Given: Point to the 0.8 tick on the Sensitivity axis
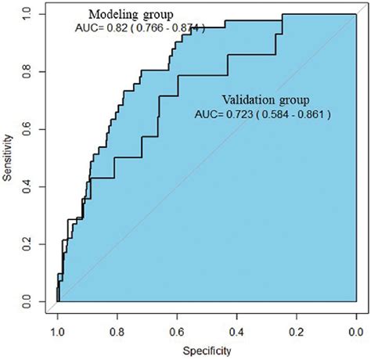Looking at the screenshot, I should (x=28, y=72).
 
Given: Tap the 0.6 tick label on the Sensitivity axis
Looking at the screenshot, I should (x=28, y=129).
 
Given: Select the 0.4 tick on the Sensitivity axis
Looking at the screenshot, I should (x=28, y=186).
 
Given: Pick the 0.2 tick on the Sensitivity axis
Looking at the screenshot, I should (x=28, y=243).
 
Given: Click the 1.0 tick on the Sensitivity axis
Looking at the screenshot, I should (x=28, y=15).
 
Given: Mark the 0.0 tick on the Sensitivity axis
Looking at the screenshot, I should (x=28, y=301).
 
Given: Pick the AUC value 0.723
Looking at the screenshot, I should (x=236, y=113).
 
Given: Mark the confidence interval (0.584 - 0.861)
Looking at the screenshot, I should (x=294, y=113).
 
